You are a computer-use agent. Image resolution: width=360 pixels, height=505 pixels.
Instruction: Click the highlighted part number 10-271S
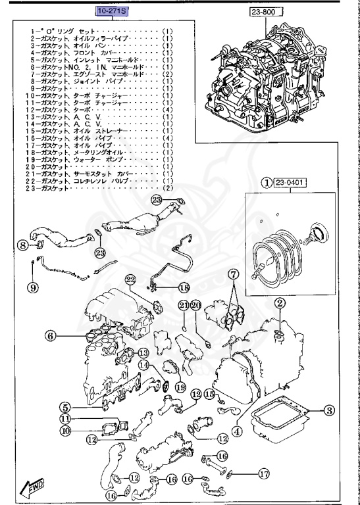(113, 11)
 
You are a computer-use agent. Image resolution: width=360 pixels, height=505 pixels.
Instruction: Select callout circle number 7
(233, 274)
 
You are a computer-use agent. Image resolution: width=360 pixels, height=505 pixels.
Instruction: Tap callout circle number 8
(22, 246)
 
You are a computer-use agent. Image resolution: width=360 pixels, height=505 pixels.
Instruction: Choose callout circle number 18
(184, 287)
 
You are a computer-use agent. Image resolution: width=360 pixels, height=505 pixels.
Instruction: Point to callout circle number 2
(280, 303)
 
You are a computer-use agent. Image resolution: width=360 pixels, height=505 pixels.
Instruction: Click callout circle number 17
(263, 472)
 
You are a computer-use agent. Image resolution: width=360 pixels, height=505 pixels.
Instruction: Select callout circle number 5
(66, 408)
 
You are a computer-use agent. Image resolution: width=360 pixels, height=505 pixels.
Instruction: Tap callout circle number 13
(143, 353)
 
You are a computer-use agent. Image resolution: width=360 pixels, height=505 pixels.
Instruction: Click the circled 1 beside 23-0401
(267, 183)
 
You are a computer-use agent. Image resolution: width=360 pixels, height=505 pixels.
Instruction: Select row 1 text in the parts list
(99, 31)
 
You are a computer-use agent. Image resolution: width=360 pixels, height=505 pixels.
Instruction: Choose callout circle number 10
(66, 431)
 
